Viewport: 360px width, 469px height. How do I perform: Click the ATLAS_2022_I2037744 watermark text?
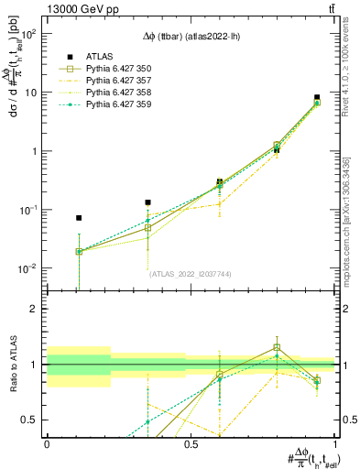[x=191, y=273]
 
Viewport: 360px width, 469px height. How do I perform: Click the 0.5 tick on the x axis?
[x=191, y=442]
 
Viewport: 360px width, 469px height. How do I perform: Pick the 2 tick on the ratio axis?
[x=38, y=309]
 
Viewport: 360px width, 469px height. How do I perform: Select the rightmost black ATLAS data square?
[x=317, y=97]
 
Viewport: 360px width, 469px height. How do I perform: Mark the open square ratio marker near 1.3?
[x=277, y=348]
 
